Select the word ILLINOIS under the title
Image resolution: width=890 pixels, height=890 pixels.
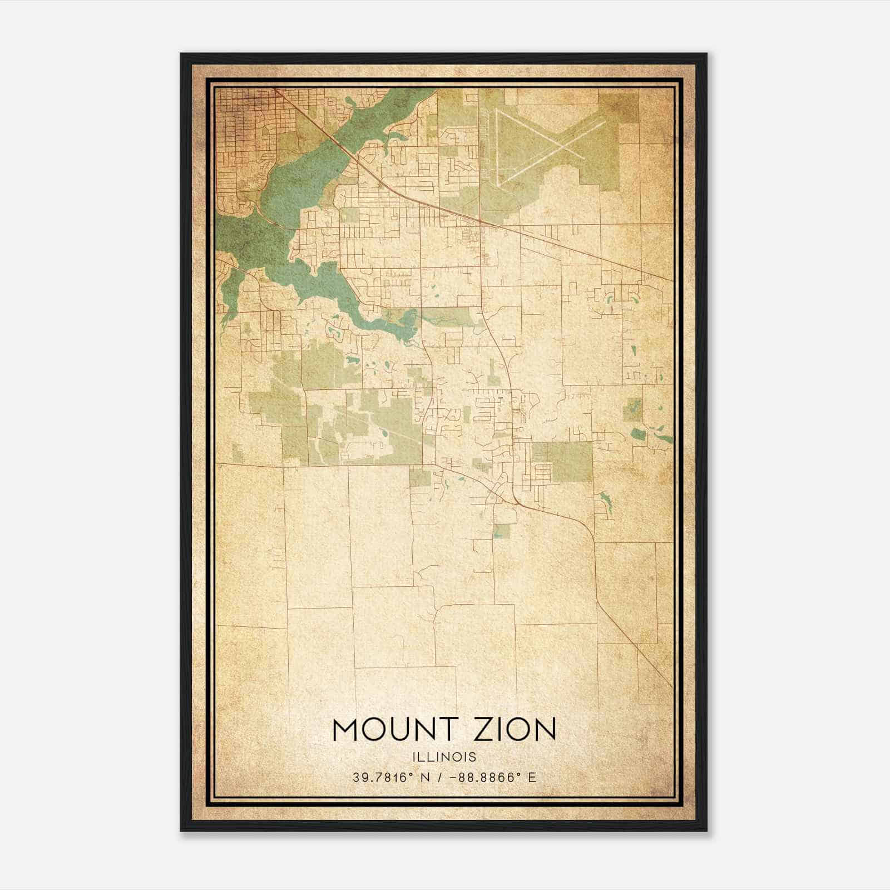click(x=444, y=757)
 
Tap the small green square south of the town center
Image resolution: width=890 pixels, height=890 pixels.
click(x=501, y=531)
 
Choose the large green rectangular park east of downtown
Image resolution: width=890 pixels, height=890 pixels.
click(x=562, y=461)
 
